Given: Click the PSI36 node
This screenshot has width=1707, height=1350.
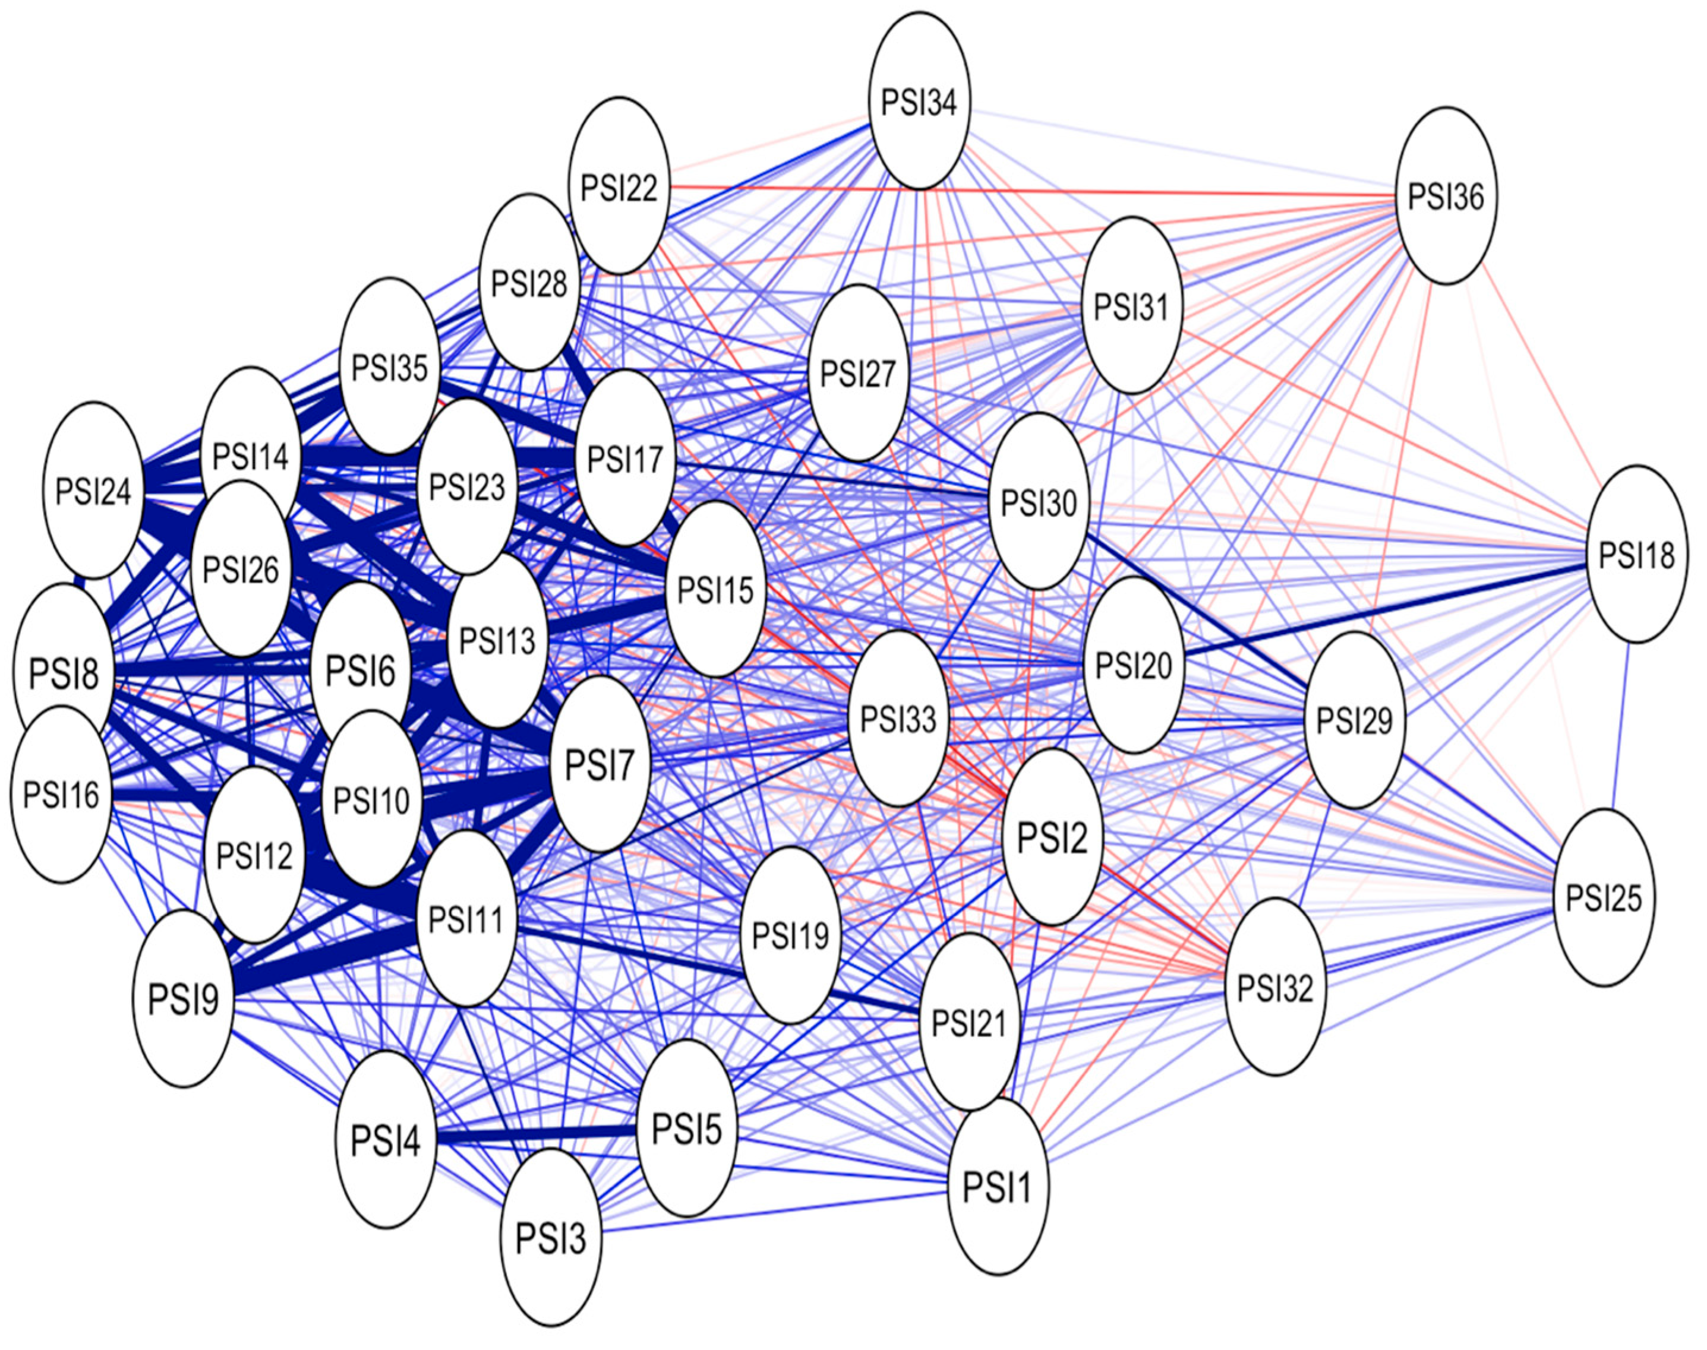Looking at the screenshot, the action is (1446, 196).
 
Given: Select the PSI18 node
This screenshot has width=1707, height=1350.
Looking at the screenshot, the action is (1636, 554).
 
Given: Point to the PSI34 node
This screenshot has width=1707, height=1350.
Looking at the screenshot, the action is (919, 102).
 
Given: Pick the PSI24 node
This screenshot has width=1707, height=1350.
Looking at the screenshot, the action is (93, 490).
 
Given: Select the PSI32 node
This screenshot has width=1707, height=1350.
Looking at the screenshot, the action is (1274, 987).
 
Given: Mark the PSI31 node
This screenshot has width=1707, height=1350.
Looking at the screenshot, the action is (1131, 306).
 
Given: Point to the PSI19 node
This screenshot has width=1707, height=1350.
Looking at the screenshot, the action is (791, 935).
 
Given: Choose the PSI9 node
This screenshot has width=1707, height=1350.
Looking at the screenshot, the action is (184, 998).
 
